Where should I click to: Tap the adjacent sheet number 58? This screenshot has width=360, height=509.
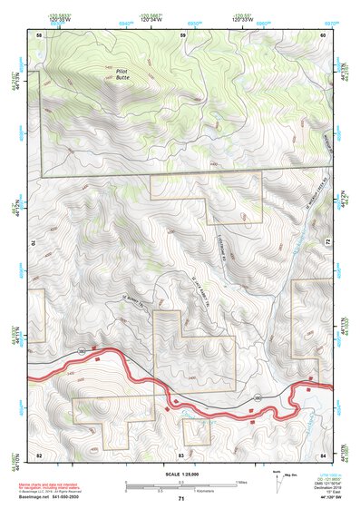coord(39,34)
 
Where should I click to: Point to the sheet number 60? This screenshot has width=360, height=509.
coord(324,34)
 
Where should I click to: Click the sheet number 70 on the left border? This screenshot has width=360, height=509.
coord(36,243)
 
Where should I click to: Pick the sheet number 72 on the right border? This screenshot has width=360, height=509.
coord(326,243)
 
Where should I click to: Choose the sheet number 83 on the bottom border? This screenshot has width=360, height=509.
coord(181,453)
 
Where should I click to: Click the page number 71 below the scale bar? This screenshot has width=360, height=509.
coord(181,498)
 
